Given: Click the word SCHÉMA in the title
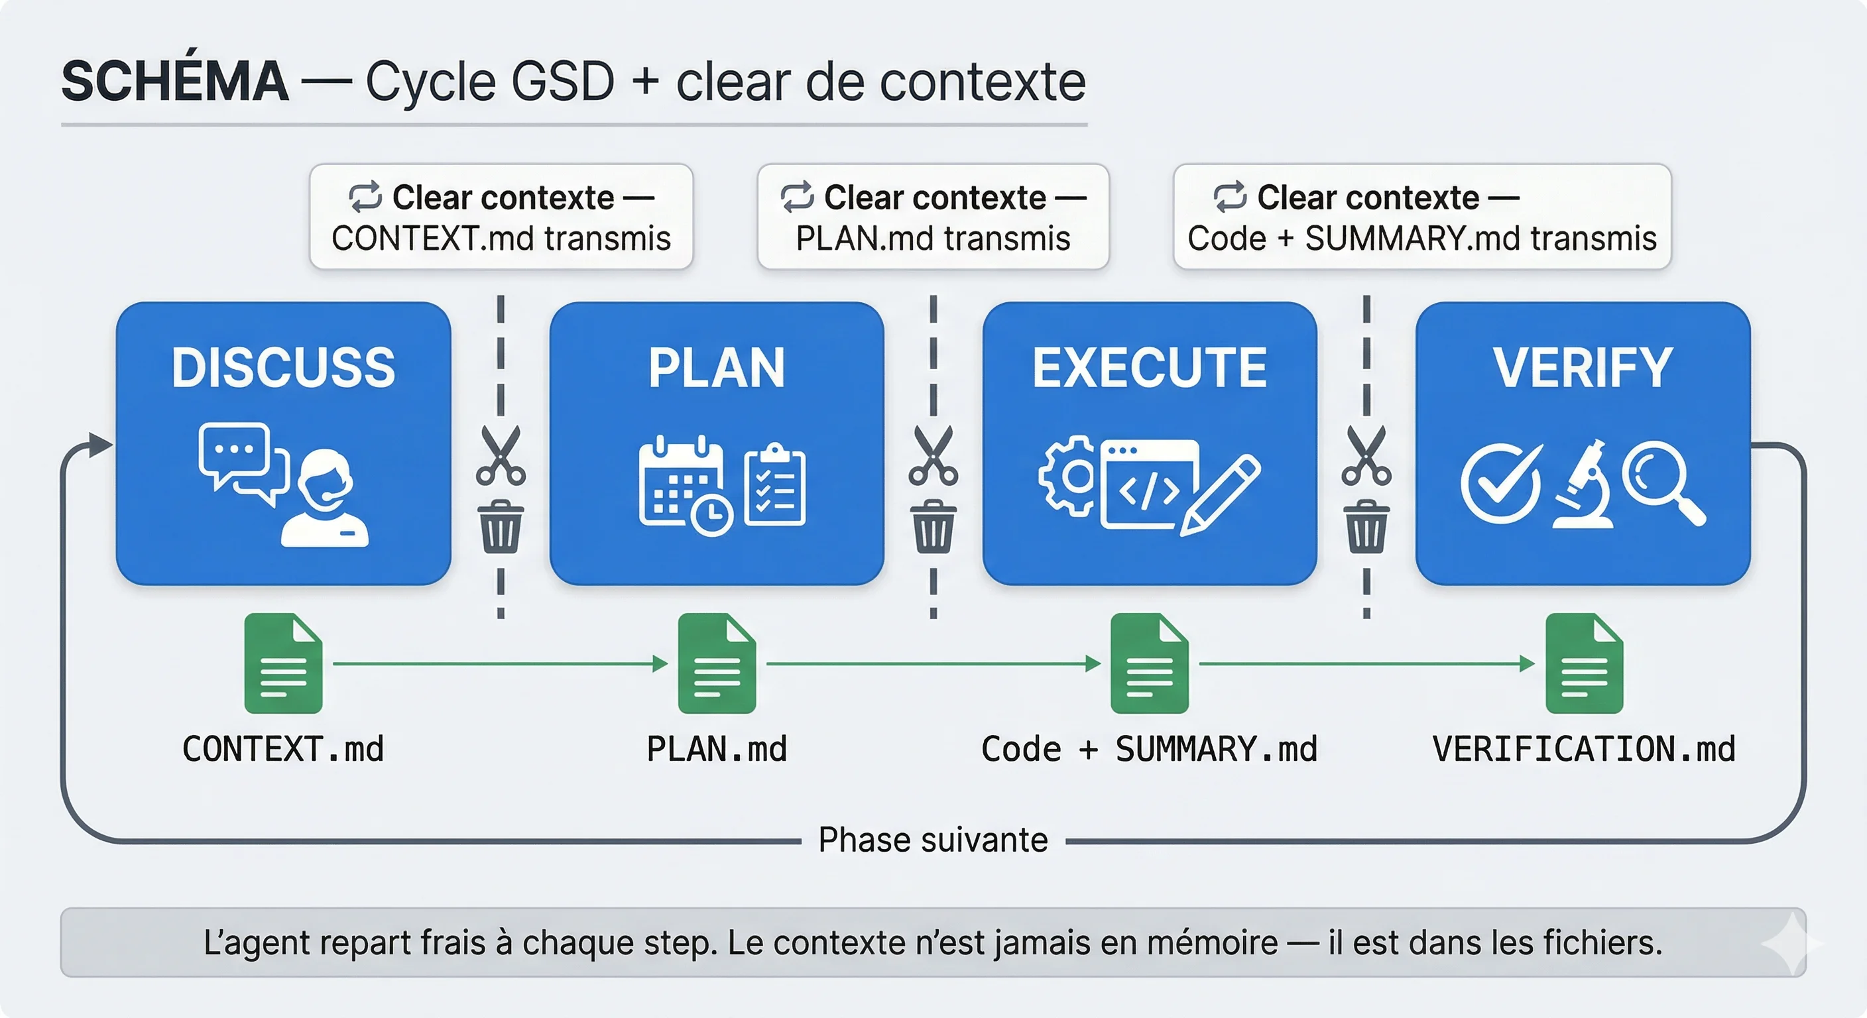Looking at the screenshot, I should (x=174, y=81).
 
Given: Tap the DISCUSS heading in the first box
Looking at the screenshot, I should (x=283, y=367).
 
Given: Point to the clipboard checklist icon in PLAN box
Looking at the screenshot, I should (x=775, y=484).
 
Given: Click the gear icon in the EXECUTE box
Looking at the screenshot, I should (x=1069, y=476).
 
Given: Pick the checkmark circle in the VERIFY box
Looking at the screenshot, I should (x=1500, y=483).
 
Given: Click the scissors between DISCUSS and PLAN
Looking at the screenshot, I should (x=501, y=456).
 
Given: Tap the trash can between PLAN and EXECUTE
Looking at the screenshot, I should (x=933, y=527).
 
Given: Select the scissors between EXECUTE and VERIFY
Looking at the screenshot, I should (x=1366, y=456).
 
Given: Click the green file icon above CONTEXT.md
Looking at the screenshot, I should (x=283, y=663).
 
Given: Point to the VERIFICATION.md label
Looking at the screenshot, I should (x=1584, y=749).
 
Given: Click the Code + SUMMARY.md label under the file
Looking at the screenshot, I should (x=1149, y=749).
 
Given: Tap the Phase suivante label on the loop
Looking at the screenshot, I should (x=933, y=840).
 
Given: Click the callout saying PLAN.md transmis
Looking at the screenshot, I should (x=933, y=217).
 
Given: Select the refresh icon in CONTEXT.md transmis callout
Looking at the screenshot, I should (x=365, y=197).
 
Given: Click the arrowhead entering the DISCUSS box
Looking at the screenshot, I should (x=100, y=444).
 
